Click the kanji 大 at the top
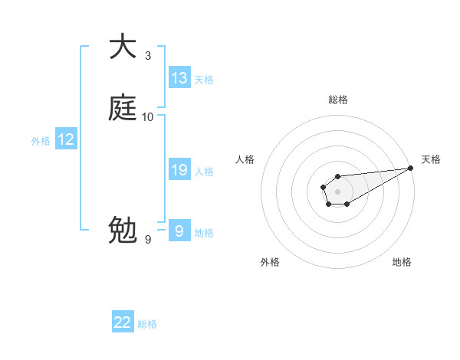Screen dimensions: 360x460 (123, 47)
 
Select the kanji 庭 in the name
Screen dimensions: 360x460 (123, 108)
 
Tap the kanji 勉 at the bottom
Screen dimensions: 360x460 (123, 230)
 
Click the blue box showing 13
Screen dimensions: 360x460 (179, 78)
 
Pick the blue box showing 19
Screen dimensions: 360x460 (179, 170)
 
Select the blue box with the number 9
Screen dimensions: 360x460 (179, 231)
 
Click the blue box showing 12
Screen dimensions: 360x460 (66, 139)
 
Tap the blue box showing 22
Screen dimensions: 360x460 (123, 323)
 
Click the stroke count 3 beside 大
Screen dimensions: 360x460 (148, 56)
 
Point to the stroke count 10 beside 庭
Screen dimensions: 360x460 (148, 117)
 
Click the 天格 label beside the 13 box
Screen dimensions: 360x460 (204, 80)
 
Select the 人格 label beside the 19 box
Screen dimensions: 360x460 (204, 172)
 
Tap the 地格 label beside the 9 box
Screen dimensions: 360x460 (204, 233)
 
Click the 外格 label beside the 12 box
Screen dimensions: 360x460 (41, 141)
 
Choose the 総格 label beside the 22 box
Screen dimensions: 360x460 (147, 325)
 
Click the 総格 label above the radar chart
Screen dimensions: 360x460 (337, 100)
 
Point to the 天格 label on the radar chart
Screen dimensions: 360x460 (431, 159)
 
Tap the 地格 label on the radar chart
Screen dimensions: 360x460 (402, 262)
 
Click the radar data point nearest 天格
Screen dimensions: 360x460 (411, 168)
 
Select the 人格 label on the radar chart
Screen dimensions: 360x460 (245, 159)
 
